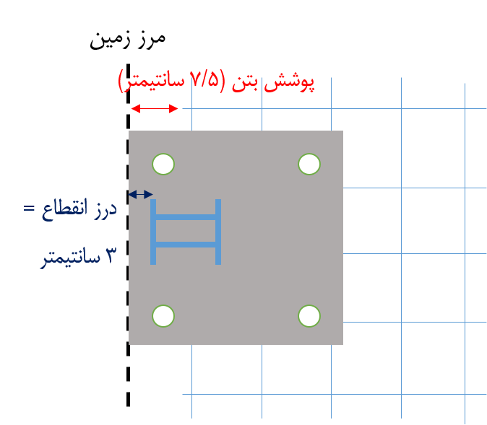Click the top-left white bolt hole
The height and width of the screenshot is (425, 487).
163,164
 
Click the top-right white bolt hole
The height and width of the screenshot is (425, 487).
309,164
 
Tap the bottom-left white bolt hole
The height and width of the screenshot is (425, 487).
163,316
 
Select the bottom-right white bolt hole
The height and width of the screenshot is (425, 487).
309,316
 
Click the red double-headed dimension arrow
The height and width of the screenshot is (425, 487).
155,108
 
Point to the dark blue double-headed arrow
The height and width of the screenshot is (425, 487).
140,195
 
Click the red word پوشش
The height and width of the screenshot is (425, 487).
289,83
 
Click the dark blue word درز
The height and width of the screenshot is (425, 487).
105,209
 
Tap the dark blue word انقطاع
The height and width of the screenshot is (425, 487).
64,209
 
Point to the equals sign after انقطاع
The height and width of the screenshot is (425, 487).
29,208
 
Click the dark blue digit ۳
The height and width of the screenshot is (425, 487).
111,255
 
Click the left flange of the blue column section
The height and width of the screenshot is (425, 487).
153,232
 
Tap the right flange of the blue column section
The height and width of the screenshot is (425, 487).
218,232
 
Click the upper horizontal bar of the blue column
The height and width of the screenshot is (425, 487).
186,217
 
